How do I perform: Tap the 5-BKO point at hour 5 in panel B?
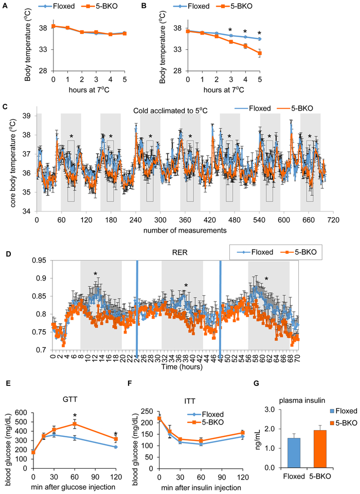[260, 54]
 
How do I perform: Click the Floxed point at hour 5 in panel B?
[260, 39]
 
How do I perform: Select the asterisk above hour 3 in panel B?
[230, 30]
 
